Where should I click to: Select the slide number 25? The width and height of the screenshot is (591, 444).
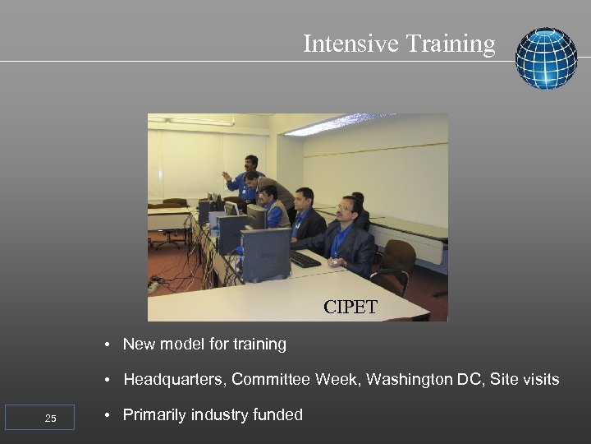coord(50,419)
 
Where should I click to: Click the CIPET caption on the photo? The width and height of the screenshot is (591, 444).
coord(350,308)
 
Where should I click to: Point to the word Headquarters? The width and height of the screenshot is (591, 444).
coord(175,379)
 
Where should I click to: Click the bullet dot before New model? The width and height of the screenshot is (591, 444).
coord(108,345)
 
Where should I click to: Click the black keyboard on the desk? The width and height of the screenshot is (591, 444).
coord(305,259)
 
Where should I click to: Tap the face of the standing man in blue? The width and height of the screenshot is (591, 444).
coord(250,164)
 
